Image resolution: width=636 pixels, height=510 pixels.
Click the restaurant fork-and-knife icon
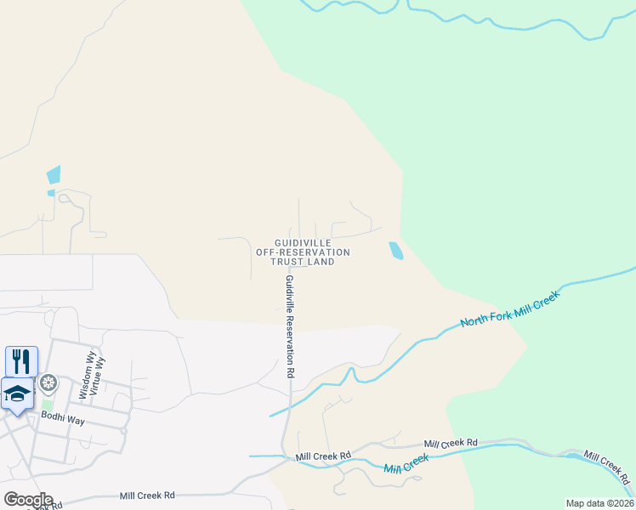tap(21, 360)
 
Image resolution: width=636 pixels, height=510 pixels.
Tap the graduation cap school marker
tap(17, 394)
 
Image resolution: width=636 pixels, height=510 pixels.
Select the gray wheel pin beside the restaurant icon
tap(48, 383)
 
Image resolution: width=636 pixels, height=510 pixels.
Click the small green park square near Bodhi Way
tap(46, 405)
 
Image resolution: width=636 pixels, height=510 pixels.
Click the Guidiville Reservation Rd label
tap(290, 326)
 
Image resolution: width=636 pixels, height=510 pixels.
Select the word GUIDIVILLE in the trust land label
tap(303, 243)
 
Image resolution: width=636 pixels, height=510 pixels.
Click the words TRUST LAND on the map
tap(304, 262)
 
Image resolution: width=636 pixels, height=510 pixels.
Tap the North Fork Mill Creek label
tap(508, 310)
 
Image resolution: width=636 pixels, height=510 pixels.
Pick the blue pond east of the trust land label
tap(396, 251)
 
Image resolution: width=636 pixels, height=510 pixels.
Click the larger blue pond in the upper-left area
tap(54, 174)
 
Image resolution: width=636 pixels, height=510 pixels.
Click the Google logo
tap(28, 500)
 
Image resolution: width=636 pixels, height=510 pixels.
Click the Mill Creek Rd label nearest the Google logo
tap(147, 495)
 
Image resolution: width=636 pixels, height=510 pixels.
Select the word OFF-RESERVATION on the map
tap(304, 252)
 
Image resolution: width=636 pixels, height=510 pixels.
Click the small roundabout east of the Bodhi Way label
tap(124, 430)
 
